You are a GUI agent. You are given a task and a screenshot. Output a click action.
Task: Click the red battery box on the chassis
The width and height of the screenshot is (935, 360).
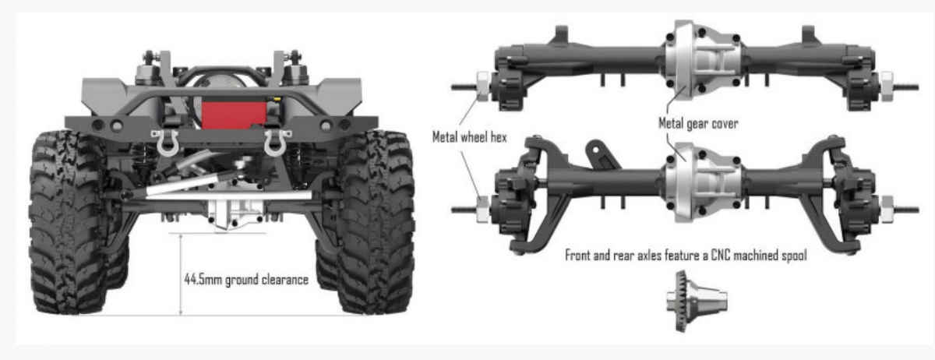[235, 115]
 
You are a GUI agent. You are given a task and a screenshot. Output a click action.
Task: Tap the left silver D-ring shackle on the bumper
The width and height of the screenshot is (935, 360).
[165, 143]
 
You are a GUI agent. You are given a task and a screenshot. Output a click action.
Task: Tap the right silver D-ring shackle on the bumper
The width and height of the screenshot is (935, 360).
[277, 143]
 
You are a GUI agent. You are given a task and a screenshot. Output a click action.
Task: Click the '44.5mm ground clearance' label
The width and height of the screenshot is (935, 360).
[246, 280]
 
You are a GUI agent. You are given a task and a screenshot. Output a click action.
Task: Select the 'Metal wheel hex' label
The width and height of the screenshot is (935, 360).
[470, 137]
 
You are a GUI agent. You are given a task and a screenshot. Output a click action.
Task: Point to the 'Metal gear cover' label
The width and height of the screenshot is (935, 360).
[698, 123]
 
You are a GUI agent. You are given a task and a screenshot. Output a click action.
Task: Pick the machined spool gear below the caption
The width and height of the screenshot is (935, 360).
[697, 301]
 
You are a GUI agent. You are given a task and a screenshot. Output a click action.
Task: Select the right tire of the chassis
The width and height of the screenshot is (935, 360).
[376, 222]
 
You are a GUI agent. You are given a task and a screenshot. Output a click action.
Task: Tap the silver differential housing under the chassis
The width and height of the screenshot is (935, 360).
[236, 214]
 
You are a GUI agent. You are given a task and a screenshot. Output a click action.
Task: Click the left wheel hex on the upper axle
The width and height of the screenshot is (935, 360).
[483, 86]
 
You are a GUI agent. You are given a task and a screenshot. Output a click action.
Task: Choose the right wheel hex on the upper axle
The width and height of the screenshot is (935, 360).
[886, 86]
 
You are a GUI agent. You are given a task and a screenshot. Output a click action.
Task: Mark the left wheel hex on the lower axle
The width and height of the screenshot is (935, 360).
[483, 210]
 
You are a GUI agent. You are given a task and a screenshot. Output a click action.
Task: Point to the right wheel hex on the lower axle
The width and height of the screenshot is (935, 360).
[886, 210]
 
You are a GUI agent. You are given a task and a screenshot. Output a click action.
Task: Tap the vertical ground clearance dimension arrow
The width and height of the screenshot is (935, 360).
[181, 274]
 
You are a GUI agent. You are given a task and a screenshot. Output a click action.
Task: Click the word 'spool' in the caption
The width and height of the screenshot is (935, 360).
[792, 256]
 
